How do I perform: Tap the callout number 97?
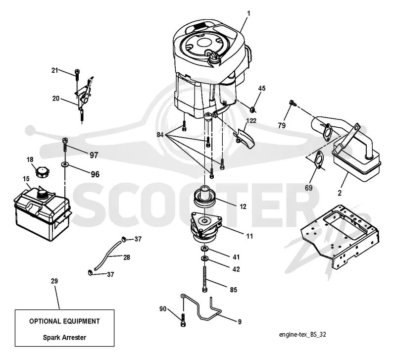click(94, 155)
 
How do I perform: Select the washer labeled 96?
click(65, 165)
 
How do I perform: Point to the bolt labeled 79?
click(293, 103)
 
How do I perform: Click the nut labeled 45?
click(253, 109)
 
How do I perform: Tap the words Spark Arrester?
click(64, 338)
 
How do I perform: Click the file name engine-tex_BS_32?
click(302, 334)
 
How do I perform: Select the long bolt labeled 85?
click(204, 279)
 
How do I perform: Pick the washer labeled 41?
click(205, 249)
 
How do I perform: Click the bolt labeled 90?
click(183, 319)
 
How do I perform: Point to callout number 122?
click(251, 120)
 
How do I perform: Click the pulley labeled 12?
click(204, 196)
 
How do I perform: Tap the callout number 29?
click(54, 281)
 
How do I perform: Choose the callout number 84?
click(160, 135)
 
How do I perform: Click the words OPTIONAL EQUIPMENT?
click(64, 321)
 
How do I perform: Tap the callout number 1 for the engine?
click(248, 13)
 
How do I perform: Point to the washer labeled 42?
click(205, 258)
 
